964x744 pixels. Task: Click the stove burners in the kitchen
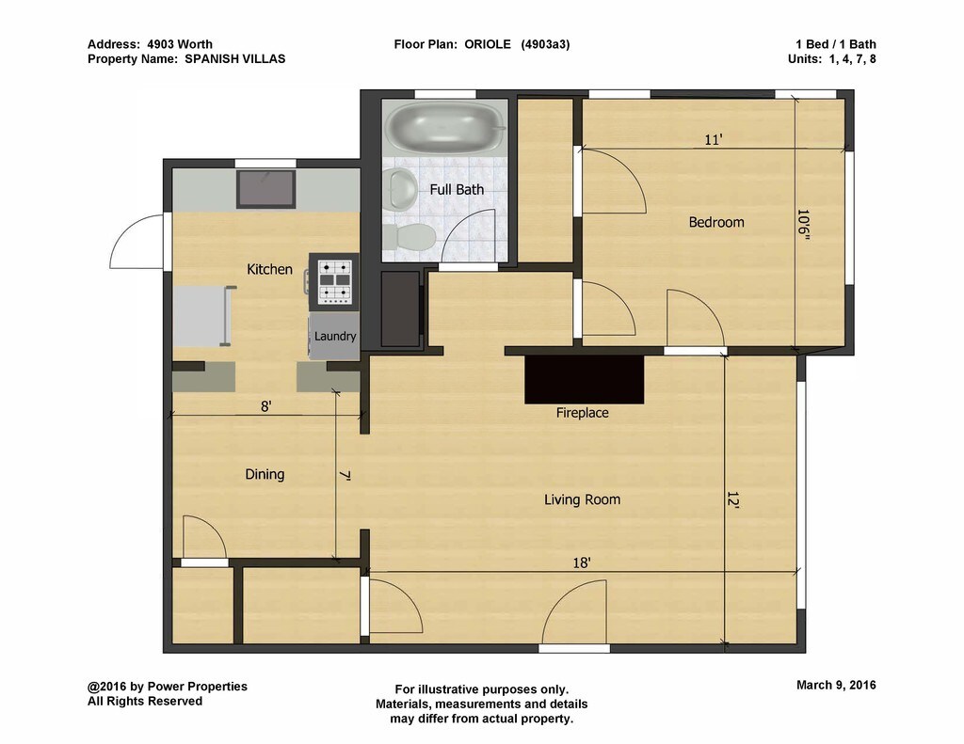pos(334,282)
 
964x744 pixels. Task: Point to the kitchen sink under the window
pos(266,189)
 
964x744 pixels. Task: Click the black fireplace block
pos(584,379)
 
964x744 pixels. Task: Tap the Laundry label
pos(335,336)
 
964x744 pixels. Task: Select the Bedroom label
pos(716,222)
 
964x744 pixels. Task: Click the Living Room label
pos(582,499)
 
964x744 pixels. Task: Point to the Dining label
pos(265,474)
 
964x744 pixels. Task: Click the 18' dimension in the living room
pos(582,562)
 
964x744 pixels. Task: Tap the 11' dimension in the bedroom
pos(713,140)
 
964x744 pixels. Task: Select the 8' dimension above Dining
pos(266,406)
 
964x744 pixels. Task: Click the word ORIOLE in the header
pos(488,44)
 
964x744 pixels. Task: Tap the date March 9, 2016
pos(836,685)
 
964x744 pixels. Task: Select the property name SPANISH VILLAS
pos(234,59)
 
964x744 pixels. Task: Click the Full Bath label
pos(457,190)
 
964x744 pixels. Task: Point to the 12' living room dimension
pos(732,499)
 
